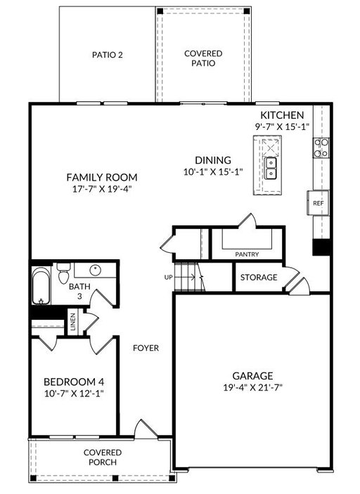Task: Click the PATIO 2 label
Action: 107,55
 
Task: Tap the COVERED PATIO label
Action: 203,58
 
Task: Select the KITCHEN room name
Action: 282,115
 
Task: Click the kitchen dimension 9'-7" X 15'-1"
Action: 282,126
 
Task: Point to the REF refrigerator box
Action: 318,203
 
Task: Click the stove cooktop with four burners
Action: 321,148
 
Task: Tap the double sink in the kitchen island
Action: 271,168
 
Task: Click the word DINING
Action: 213,160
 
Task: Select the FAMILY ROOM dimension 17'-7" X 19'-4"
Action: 102,189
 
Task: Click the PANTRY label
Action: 247,254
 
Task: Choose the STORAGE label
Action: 259,278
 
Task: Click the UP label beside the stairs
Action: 169,278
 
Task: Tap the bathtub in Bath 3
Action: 41,286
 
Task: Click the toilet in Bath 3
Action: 64,273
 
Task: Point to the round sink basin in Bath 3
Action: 95,270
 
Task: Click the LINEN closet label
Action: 73,322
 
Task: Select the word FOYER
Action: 146,348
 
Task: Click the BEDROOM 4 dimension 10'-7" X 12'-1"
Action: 74,394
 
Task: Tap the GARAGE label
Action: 253,376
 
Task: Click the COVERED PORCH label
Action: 103,457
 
